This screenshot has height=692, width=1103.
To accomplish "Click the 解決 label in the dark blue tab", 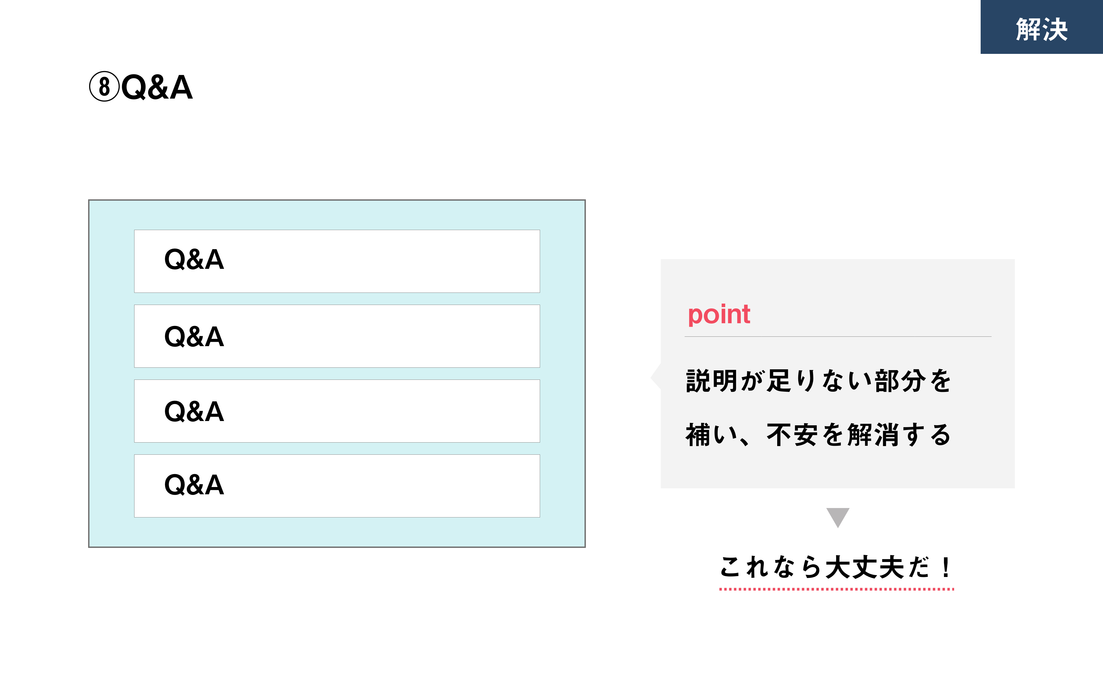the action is click(1042, 29).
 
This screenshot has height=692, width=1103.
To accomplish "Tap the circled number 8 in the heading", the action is click(104, 86).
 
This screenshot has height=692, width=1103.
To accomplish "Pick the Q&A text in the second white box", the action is click(194, 337).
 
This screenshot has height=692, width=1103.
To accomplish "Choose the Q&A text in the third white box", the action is click(194, 411).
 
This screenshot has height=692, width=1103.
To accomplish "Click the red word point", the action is click(719, 315).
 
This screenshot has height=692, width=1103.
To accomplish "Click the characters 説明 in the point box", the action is click(711, 381).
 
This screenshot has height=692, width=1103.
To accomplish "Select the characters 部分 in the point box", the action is click(900, 381).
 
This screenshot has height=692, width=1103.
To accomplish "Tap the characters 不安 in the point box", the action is click(792, 435).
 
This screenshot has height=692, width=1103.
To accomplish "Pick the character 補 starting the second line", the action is click(698, 435).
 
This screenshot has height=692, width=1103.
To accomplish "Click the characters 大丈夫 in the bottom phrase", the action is click(865, 568).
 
